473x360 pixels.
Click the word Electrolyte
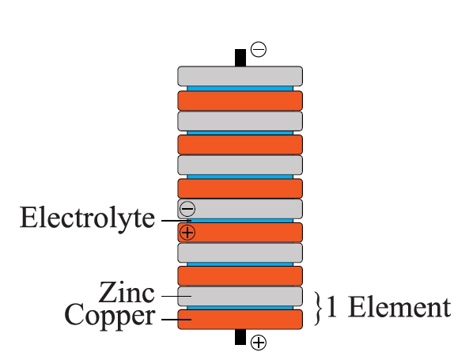point(87,218)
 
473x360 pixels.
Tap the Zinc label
point(127,292)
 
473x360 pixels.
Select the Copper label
point(110,316)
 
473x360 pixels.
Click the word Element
point(399,307)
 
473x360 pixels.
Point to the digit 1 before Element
point(331,306)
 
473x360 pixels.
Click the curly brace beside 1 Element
point(318,309)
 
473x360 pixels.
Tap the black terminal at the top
point(240,58)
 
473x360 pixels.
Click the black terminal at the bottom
point(240,337)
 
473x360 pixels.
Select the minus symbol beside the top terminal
point(259,49)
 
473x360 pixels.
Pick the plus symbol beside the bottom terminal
point(259,343)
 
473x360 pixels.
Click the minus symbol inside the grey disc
point(187,209)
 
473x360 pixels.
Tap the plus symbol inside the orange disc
point(187,233)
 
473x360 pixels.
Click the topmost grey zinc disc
point(240,76)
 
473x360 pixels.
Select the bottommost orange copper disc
point(240,320)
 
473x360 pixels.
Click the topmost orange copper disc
point(240,100)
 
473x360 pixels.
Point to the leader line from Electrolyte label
point(176,221)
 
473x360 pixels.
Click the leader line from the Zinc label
point(176,296)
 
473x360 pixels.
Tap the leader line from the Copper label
point(176,320)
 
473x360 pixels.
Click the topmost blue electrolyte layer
point(240,89)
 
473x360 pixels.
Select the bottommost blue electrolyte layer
point(240,308)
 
